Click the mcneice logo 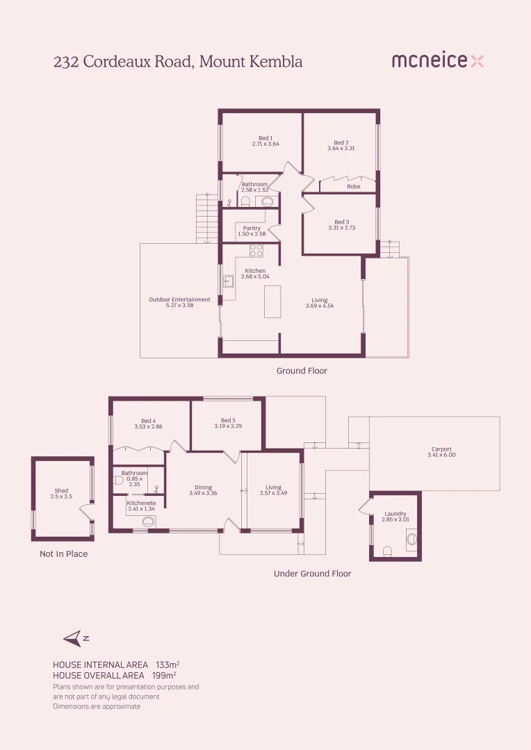pos(437,61)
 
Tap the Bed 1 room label pos(265,138)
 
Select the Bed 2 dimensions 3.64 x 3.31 pos(341,149)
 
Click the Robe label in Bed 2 pos(354,187)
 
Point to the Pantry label pos(252,228)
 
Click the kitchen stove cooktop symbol pos(256,251)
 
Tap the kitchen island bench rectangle pos(272,301)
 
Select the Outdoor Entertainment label pos(179,299)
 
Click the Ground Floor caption pos(302,371)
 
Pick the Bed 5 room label pos(229,420)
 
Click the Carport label pos(441,449)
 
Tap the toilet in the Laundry pos(388,551)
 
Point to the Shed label pos(61,491)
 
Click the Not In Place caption pos(64,554)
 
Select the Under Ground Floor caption pos(312,574)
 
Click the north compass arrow pos(72,638)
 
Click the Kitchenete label pos(142,503)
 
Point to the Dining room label pos(203,487)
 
